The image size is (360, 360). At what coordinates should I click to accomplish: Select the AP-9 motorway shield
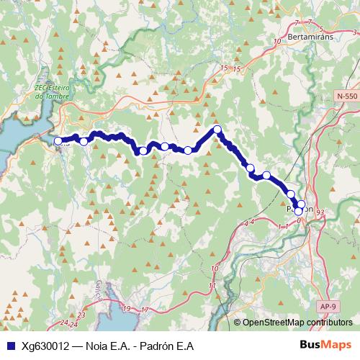coord(328,306)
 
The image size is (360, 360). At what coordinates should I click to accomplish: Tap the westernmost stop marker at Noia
coord(58,141)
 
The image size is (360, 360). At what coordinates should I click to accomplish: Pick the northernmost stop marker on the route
coord(217,130)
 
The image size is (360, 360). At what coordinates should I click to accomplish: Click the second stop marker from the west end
coord(84,141)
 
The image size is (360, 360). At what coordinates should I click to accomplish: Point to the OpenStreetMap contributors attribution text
coord(297,323)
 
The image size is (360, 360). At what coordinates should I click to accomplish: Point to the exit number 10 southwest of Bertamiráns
coord(278,42)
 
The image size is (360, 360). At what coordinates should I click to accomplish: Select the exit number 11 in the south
coord(212,286)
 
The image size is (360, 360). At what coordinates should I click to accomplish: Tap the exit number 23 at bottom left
coord(81,315)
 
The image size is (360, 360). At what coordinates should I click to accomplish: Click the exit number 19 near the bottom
coord(127,309)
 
